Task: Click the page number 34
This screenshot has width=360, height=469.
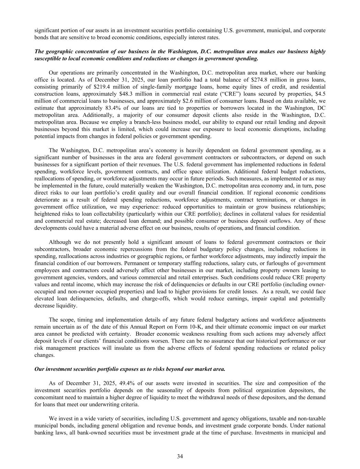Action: tap(180, 456)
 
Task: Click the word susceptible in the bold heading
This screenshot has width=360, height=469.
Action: tap(47, 58)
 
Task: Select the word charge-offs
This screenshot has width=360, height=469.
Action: tap(157, 299)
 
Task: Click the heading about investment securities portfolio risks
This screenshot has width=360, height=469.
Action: tap(130, 369)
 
